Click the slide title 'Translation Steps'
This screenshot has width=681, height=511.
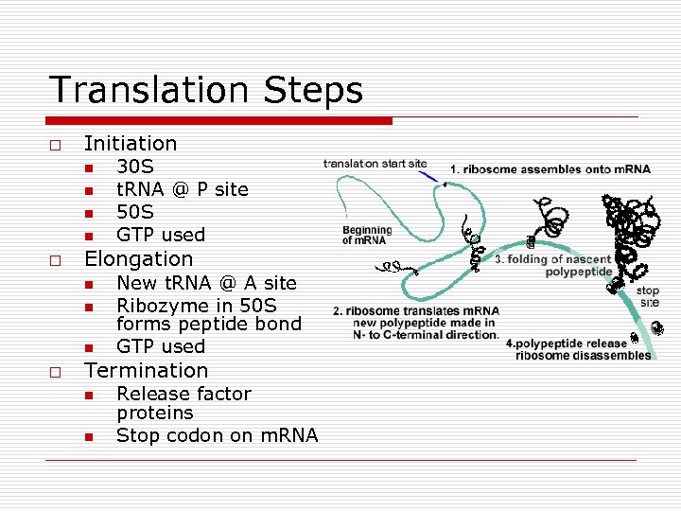tap(205, 90)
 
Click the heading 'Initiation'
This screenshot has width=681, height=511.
tap(131, 144)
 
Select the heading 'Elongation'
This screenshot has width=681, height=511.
tap(138, 258)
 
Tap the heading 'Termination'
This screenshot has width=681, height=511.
tap(146, 370)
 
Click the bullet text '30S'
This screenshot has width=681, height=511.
tap(134, 167)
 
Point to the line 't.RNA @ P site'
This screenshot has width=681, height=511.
tap(182, 189)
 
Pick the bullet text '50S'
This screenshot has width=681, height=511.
tap(134, 212)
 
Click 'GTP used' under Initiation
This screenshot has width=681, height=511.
tap(160, 235)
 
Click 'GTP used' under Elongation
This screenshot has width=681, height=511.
tap(160, 346)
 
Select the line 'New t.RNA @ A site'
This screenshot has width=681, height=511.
tap(206, 283)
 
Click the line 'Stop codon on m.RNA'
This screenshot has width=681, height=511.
tap(217, 435)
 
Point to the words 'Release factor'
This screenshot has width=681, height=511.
tap(183, 394)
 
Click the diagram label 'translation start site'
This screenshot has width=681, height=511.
tap(375, 164)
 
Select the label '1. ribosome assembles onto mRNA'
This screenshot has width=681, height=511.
tap(550, 169)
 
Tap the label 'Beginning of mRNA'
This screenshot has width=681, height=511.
tap(367, 236)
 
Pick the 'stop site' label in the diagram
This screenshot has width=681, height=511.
tap(648, 296)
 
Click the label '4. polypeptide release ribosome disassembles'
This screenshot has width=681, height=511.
tap(578, 349)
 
